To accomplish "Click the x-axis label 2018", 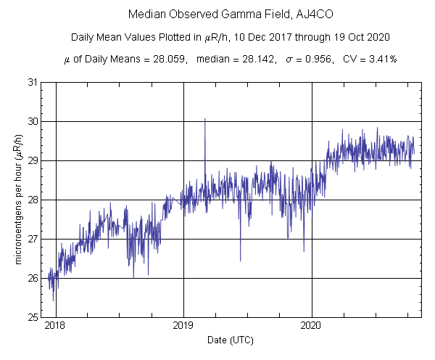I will pyautogui.click(x=55, y=327).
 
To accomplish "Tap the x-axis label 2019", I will pyautogui.click(x=183, y=327).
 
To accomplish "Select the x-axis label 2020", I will pyautogui.click(x=312, y=327).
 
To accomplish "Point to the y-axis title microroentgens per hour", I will pyautogui.click(x=20, y=200).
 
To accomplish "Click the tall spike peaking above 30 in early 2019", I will pyautogui.click(x=205, y=120).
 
